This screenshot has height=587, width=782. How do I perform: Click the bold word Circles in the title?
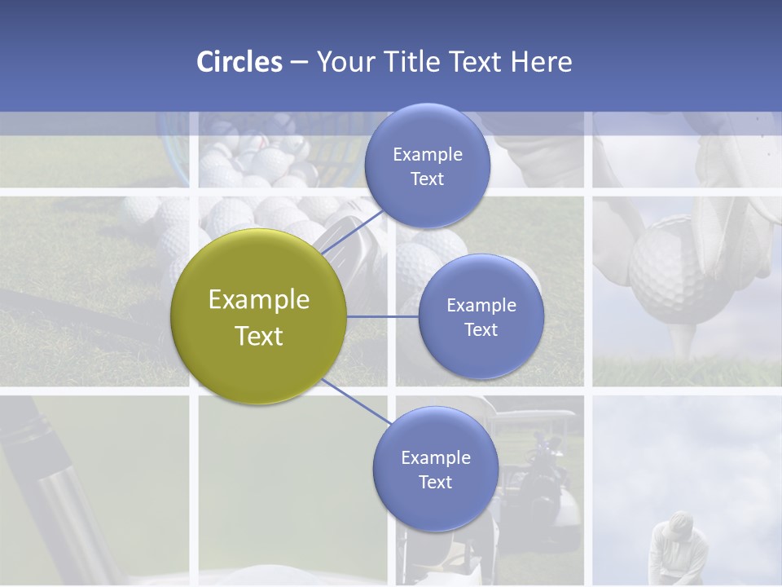point(239,61)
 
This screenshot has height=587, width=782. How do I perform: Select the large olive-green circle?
point(259,316)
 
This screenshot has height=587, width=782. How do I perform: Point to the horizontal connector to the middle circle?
point(383,316)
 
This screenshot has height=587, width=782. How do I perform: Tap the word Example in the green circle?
point(259,300)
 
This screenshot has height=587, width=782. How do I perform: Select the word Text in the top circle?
point(427,179)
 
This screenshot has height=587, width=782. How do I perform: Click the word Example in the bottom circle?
point(435,458)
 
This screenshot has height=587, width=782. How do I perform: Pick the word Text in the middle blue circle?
point(481,330)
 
